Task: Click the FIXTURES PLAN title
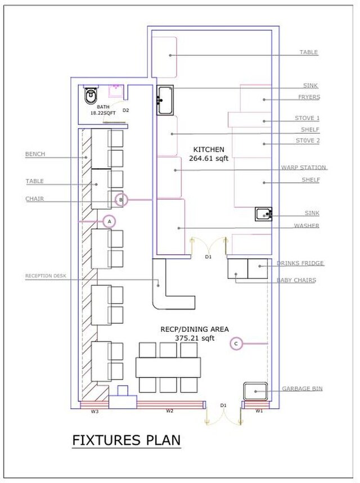pyautogui.click(x=127, y=440)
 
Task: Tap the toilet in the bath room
pyautogui.click(x=91, y=96)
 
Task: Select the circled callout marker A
pyautogui.click(x=109, y=221)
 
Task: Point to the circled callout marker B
pyautogui.click(x=121, y=200)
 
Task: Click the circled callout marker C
pyautogui.click(x=236, y=344)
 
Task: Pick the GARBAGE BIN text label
pyautogui.click(x=303, y=389)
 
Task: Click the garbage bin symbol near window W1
pyautogui.click(x=255, y=391)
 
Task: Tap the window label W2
pyautogui.click(x=169, y=411)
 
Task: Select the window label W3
pyautogui.click(x=94, y=411)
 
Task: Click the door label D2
pyautogui.click(x=126, y=110)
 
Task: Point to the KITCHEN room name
pyautogui.click(x=209, y=150)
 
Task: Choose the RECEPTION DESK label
pyautogui.click(x=46, y=276)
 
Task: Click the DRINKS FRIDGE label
pyautogui.click(x=300, y=263)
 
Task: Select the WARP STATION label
pyautogui.click(x=304, y=168)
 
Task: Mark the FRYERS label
pyautogui.click(x=309, y=97)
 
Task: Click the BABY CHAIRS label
pyautogui.click(x=296, y=280)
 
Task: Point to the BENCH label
pyautogui.click(x=35, y=154)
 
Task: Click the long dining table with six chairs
pyautogui.click(x=168, y=368)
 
